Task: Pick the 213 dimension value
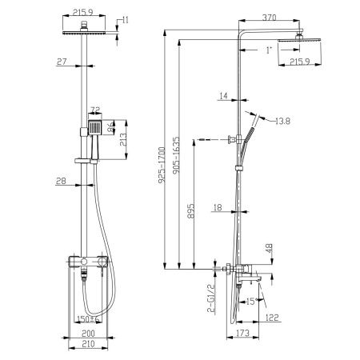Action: coord(121,143)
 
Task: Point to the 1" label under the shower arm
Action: coord(270,50)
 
